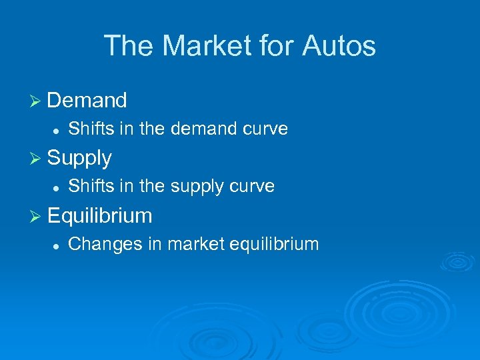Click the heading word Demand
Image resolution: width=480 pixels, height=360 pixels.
(87, 101)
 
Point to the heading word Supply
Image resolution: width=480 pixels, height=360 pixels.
(79, 159)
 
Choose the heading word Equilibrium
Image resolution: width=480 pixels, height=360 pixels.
(100, 216)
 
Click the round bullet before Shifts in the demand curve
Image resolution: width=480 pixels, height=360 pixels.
(57, 129)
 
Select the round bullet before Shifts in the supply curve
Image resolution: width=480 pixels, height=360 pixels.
(57, 187)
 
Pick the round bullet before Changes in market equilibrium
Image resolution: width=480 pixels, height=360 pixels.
(57, 245)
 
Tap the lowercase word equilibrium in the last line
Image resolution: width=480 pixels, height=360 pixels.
(274, 245)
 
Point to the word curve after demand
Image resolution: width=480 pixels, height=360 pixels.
(265, 129)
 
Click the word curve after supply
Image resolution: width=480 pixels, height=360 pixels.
(251, 187)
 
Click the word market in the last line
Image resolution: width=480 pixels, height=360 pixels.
(195, 244)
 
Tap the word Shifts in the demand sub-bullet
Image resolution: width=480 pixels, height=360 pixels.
(91, 129)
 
